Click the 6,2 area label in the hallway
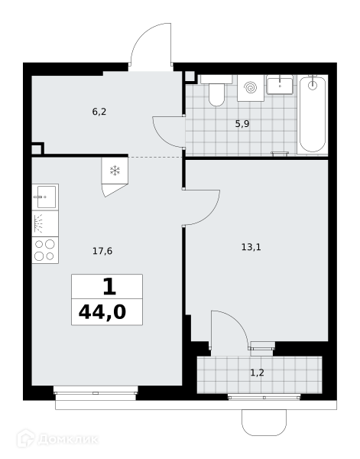coord(99,112)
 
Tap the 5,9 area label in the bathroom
coord(242,124)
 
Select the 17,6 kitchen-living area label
coord(102,251)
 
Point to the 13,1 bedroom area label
coord(251,247)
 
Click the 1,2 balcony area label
coord(258,373)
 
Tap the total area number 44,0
coord(102,312)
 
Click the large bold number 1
coord(109,287)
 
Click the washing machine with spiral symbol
coord(251,88)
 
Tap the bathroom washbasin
coord(280,85)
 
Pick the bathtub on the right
coord(313,114)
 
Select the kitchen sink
coord(45,197)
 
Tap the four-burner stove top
coord(45,250)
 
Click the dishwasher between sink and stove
coord(45,223)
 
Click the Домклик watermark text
coord(68,439)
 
